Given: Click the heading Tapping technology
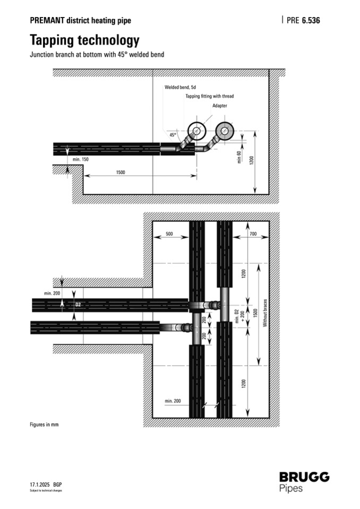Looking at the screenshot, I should click(84, 40).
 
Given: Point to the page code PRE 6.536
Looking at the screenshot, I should click(303, 21).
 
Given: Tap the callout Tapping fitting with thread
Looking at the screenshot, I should click(209, 96).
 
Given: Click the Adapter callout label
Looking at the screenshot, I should click(220, 106).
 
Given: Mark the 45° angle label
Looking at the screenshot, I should click(173, 135).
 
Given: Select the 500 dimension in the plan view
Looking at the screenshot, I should click(169, 234).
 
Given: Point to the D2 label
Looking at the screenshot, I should click(78, 305).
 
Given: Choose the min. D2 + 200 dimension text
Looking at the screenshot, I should click(239, 314).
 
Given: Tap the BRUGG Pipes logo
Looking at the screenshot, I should click(304, 481).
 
